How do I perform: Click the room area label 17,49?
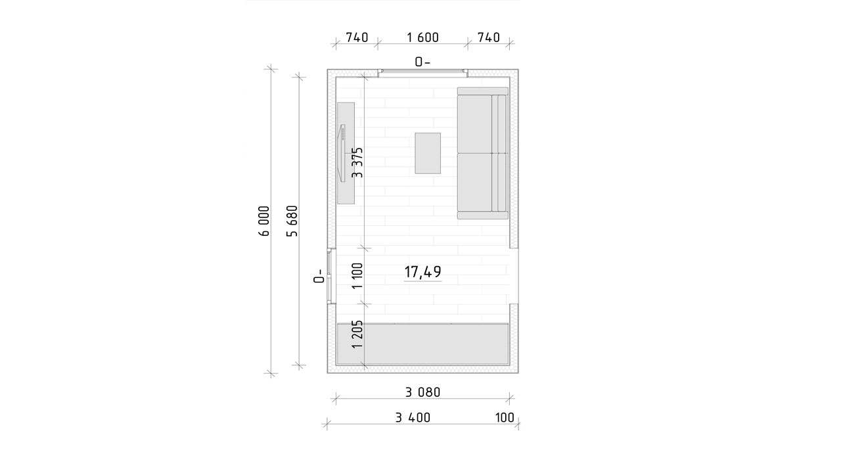tap(422, 272)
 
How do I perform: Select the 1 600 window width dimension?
tap(422, 37)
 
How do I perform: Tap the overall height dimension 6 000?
tap(264, 221)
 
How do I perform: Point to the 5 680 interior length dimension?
tap(292, 221)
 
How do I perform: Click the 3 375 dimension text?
tap(357, 162)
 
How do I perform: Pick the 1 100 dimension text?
tap(357, 275)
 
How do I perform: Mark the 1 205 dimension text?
tap(357, 334)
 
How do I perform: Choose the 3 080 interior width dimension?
tap(422, 392)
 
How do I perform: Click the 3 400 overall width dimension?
tap(413, 417)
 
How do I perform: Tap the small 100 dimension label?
tap(505, 417)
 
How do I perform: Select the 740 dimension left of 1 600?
tap(357, 37)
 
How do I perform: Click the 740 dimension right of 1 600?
tap(488, 37)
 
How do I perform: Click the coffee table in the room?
tap(428, 153)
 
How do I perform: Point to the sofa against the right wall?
tap(483, 153)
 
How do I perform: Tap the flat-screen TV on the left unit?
tap(342, 153)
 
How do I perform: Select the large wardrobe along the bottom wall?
tap(422, 344)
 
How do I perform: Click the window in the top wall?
tap(422, 73)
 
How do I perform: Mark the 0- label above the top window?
tap(422, 62)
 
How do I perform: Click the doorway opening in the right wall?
tap(514, 276)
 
